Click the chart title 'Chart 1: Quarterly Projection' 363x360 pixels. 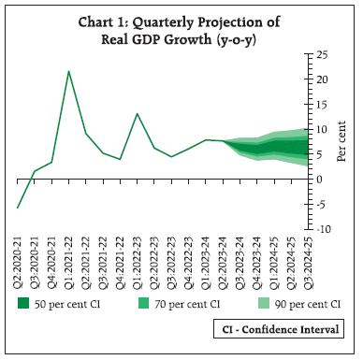point(181,22)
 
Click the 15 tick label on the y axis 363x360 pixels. point(320,105)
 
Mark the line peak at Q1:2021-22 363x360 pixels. point(68,71)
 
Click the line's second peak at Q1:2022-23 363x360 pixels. point(137,114)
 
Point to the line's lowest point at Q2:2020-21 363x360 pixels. point(18,208)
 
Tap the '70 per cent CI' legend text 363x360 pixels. point(189,304)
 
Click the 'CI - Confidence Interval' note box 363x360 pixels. point(276,329)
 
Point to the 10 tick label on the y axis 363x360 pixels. point(320,130)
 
